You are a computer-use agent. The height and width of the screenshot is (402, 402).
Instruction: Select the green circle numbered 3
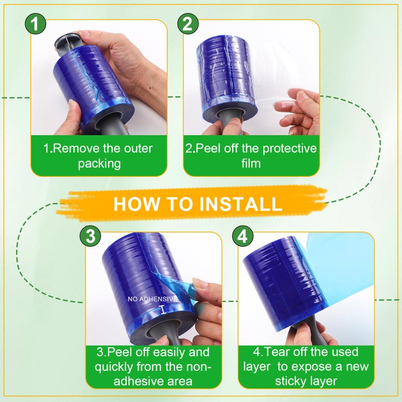coord(90,236)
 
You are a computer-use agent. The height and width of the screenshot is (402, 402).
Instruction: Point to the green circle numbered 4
coord(243,236)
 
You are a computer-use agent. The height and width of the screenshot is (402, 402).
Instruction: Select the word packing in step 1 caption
coord(99,164)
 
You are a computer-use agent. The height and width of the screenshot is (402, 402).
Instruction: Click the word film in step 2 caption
coord(251,164)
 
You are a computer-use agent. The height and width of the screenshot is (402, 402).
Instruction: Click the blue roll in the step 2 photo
coord(226,75)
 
